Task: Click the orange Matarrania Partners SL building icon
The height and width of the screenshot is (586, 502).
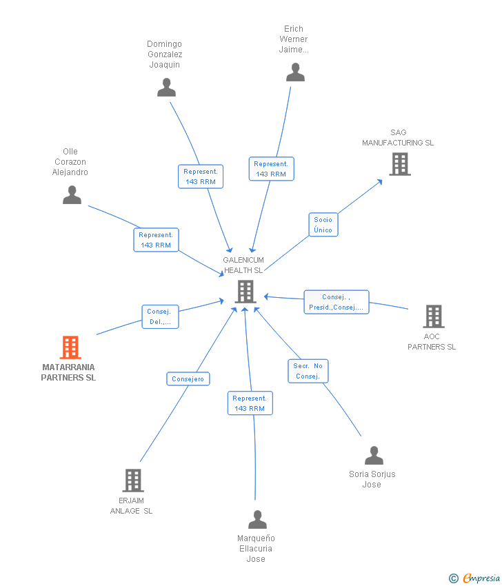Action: pyautogui.click(x=70, y=347)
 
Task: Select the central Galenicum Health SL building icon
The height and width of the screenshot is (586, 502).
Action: pyautogui.click(x=245, y=292)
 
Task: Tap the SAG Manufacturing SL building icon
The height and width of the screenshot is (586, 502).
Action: pyautogui.click(x=400, y=164)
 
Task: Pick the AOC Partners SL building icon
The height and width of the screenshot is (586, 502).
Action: pyautogui.click(x=434, y=316)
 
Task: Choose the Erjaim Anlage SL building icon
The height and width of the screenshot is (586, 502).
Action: pyautogui.click(x=133, y=481)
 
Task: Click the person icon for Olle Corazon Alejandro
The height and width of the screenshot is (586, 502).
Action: pyautogui.click(x=72, y=194)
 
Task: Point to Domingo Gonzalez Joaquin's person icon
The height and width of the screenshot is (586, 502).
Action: pyautogui.click(x=166, y=87)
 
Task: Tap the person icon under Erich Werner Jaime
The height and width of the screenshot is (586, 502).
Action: pyautogui.click(x=295, y=72)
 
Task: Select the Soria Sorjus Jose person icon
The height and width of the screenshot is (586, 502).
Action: pyautogui.click(x=374, y=455)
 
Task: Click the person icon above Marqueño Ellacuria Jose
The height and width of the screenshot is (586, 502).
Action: pyautogui.click(x=257, y=520)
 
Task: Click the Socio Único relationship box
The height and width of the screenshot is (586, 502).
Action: pyautogui.click(x=323, y=225)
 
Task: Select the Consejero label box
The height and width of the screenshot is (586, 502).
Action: pyautogui.click(x=188, y=379)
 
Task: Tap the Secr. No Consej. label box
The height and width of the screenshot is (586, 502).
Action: pyautogui.click(x=308, y=371)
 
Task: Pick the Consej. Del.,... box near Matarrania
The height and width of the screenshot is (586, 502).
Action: pyautogui.click(x=161, y=316)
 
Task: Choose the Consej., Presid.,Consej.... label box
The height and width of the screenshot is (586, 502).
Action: pyautogui.click(x=337, y=302)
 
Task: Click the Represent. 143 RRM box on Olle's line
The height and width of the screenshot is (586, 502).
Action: pyautogui.click(x=157, y=240)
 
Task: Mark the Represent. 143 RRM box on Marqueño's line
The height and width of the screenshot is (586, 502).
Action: pyautogui.click(x=250, y=403)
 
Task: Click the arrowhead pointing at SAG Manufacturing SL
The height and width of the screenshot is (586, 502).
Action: pyautogui.click(x=380, y=181)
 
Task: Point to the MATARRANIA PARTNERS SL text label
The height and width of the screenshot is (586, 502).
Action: pyautogui.click(x=68, y=372)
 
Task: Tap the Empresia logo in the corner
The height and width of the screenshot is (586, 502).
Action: pyautogui.click(x=474, y=578)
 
